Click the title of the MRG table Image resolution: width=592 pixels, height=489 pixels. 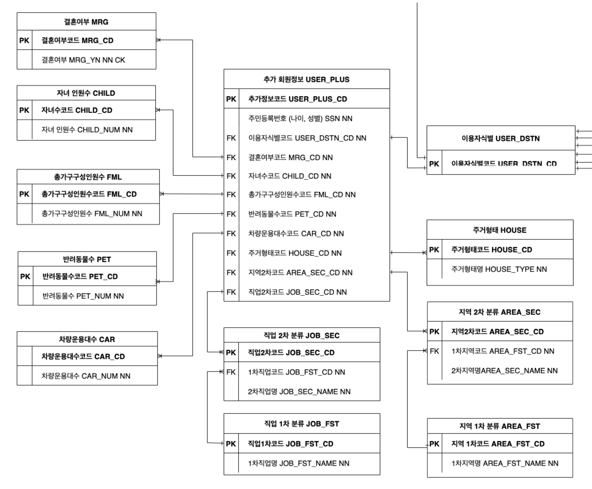[x=86, y=22]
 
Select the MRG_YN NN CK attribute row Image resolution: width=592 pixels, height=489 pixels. [x=83, y=60]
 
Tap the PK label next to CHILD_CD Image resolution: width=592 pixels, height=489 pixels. [x=24, y=110]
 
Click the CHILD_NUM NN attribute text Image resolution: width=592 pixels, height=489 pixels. [x=87, y=130]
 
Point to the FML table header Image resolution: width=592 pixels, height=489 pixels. [x=88, y=177]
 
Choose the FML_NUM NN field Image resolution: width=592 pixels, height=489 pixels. [x=92, y=214]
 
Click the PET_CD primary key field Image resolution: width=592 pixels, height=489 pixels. [x=80, y=277]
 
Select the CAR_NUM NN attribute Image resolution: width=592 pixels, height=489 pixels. [x=86, y=376]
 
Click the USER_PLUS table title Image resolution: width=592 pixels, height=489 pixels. [x=306, y=79]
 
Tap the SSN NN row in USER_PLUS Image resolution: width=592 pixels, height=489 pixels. [x=300, y=118]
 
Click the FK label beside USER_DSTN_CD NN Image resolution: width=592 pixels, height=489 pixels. [x=231, y=138]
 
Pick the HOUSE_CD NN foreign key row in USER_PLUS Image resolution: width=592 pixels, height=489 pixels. [x=295, y=253]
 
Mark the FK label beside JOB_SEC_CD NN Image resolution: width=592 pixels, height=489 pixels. [x=231, y=292]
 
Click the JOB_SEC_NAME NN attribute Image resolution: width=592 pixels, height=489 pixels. [x=299, y=391]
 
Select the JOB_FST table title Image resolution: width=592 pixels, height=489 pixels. [x=302, y=424]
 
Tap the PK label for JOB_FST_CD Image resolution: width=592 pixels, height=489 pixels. [x=231, y=443]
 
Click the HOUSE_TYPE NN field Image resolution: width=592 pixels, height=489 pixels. [x=499, y=269]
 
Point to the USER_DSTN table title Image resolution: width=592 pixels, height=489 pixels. [x=501, y=139]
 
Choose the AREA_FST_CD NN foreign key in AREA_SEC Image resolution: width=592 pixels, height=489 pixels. [x=503, y=351]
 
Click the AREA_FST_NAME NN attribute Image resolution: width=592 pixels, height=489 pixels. [x=505, y=463]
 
